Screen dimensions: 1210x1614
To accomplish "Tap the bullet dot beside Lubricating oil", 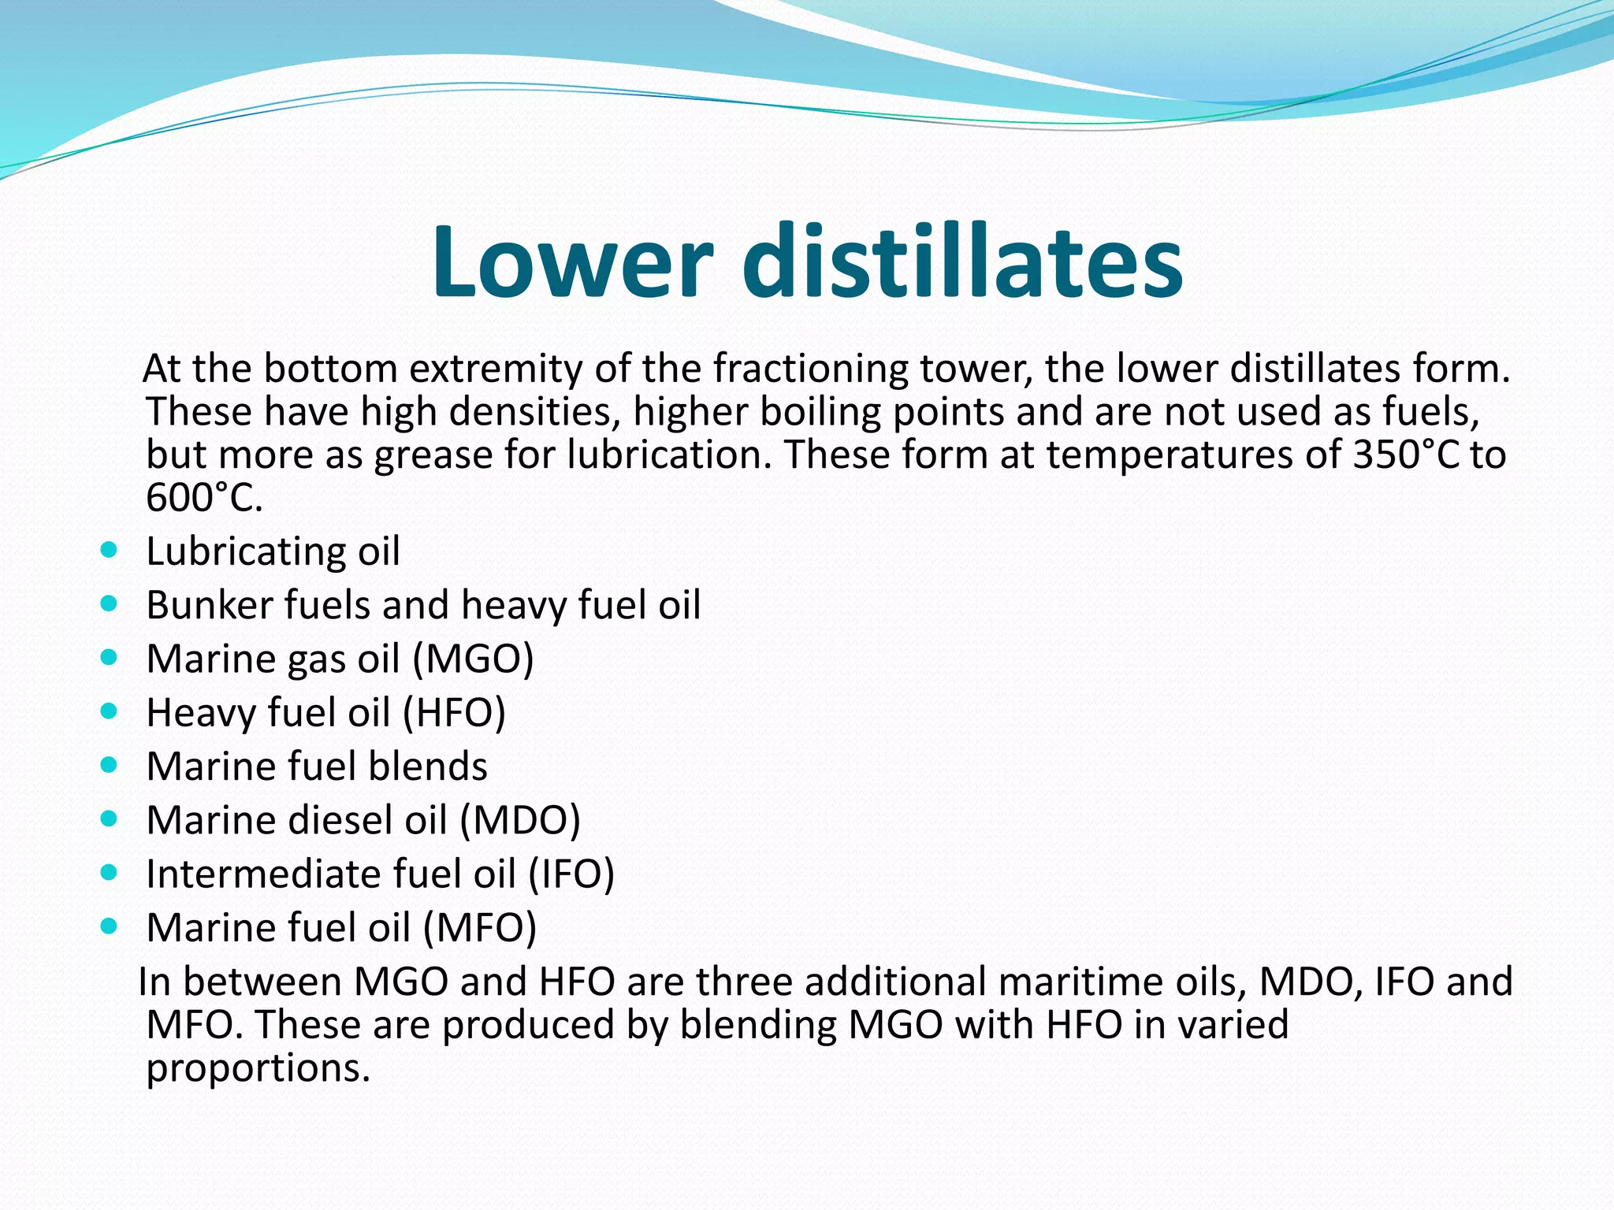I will click(x=110, y=550).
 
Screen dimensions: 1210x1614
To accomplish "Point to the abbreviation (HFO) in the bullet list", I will click(x=454, y=712).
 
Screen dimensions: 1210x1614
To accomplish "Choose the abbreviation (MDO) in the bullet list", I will click(x=520, y=820).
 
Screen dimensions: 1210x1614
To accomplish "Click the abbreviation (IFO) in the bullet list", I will click(x=571, y=874).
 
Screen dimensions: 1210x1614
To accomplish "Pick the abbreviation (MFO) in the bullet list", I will click(x=479, y=927).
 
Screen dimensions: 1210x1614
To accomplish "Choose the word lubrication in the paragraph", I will click(x=670, y=455).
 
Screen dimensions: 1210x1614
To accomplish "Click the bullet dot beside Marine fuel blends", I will click(x=110, y=765).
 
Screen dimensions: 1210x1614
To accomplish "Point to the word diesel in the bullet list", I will click(x=340, y=820).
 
